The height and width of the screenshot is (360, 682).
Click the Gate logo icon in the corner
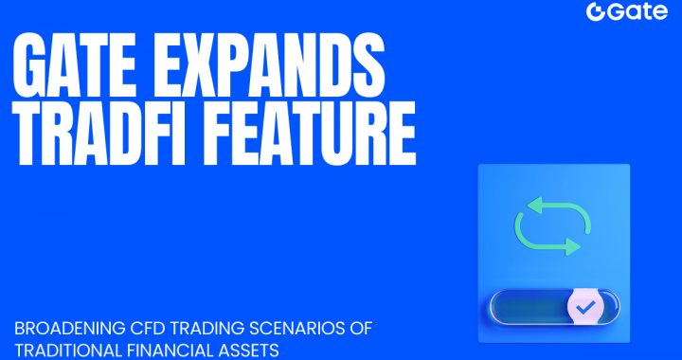pyautogui.click(x=596, y=12)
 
